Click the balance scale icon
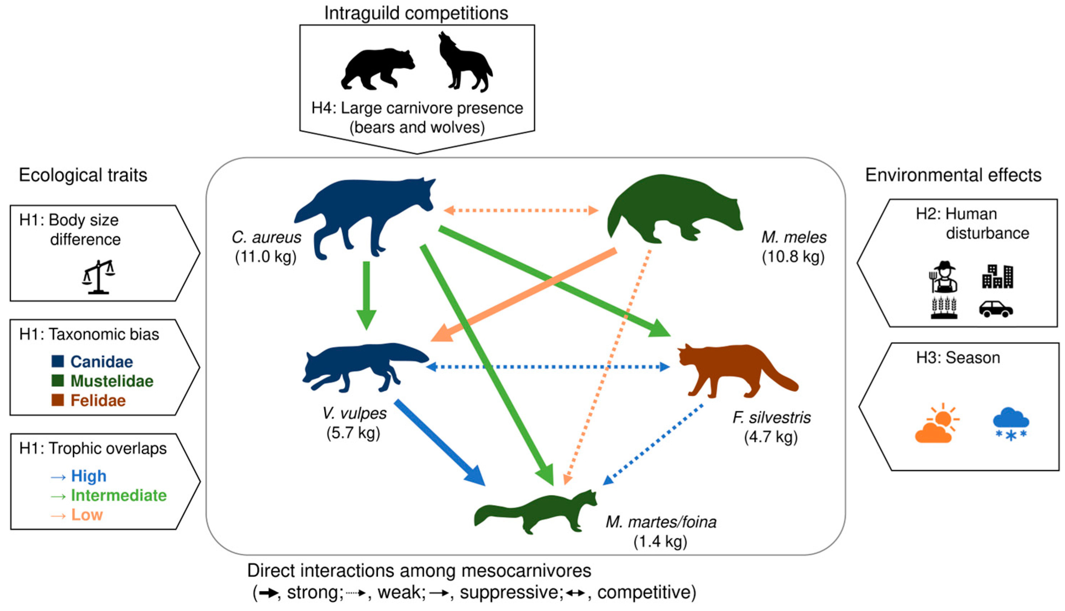pos(99,277)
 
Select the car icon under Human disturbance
pos(996,309)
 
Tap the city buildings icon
pos(998,276)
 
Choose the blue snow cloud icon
pos(1011,423)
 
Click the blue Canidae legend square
pos(57,361)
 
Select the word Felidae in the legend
pos(98,400)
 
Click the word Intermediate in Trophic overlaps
pos(119,495)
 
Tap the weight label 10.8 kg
pos(793,257)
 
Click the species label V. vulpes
pos(354,413)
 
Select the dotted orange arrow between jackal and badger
pos(521,210)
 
